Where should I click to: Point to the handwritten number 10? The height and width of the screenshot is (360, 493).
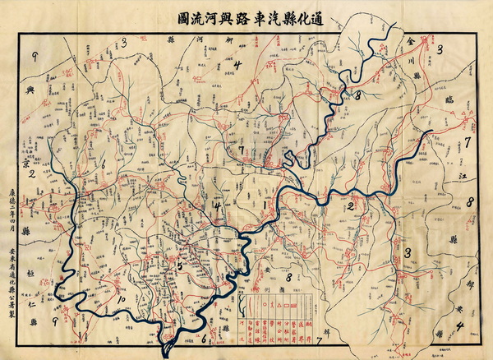[120, 300]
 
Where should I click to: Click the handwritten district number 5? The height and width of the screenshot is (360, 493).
[179, 265]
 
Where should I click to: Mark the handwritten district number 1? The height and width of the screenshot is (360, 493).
[264, 201]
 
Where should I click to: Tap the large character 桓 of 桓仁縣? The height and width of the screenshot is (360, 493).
[29, 272]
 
